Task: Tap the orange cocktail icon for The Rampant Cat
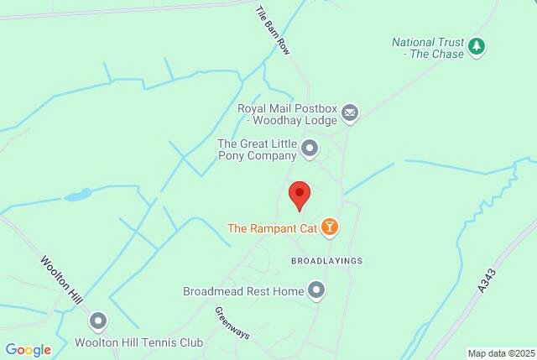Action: point(331,227)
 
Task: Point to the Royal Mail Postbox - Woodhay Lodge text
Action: point(287,113)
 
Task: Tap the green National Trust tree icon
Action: point(477,47)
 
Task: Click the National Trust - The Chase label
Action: point(428,47)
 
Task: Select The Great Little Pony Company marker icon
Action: point(310,149)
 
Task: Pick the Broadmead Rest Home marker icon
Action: point(316,291)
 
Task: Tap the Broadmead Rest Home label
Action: point(243,292)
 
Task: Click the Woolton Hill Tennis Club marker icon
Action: point(99,321)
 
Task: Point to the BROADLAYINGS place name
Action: point(326,261)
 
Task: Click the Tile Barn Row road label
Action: point(273,31)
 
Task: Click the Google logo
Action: point(28,350)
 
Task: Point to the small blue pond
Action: point(77,195)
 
